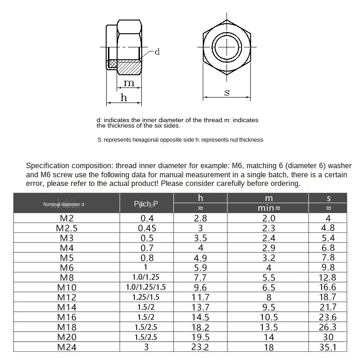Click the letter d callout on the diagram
tap(157, 52)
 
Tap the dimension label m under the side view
tap(130, 82)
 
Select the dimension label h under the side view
tap(123, 98)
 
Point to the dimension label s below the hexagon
tap(227, 93)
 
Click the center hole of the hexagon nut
tap(226, 46)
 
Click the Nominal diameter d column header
tap(64, 205)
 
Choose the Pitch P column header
tap(146, 204)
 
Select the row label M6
tap(67, 267)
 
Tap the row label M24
tap(67, 347)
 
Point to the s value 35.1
tap(328, 347)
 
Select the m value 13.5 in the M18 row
tap(269, 327)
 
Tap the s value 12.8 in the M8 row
tap(328, 278)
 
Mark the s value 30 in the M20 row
tap(328, 337)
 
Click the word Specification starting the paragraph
tap(47, 166)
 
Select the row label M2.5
tap(67, 228)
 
